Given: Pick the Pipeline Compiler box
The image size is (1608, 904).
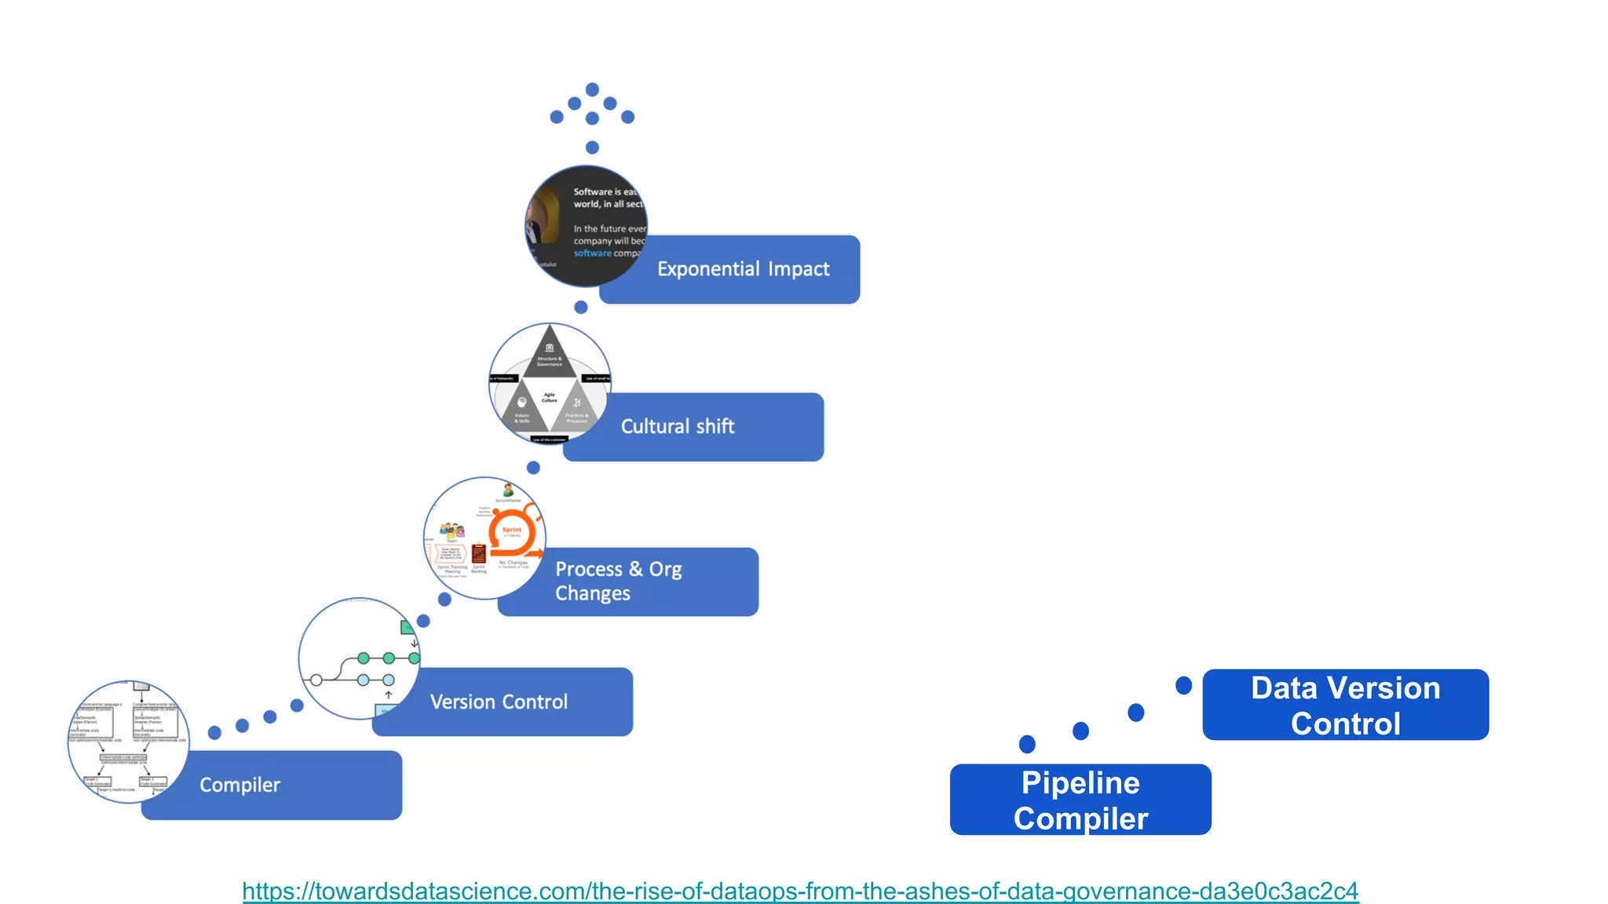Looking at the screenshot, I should pos(1080,800).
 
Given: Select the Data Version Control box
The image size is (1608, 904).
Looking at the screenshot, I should pos(1345,705).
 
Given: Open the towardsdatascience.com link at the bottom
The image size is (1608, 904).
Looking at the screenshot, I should pos(800,891).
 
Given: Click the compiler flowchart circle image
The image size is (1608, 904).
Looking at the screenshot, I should pos(128,741).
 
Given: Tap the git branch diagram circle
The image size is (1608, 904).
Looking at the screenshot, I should pos(358,658).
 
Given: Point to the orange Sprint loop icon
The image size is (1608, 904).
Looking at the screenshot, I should pos(513,534).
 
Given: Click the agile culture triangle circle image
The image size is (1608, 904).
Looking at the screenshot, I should pos(549,383).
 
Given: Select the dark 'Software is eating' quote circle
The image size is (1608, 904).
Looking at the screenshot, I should pos(585,225).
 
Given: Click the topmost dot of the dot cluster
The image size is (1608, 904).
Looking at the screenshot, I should pos(593,89).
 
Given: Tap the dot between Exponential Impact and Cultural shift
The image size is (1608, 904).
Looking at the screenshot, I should pos(581,307).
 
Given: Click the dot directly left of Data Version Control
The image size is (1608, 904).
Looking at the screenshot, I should pos(1183,685).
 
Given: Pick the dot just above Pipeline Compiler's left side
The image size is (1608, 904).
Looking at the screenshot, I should pos(1027,743).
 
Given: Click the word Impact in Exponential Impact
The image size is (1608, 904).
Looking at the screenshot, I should pos(799,269).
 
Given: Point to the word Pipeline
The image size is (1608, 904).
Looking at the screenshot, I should pos(1080,782).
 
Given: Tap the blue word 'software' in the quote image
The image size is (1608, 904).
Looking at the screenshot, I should pos(592,253).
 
